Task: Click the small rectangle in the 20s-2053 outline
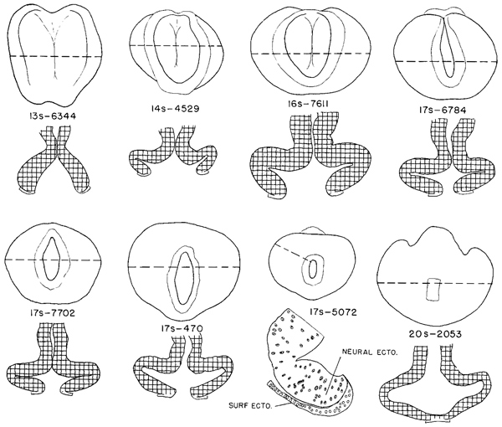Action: click(433, 288)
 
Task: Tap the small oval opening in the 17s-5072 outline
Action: click(314, 269)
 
